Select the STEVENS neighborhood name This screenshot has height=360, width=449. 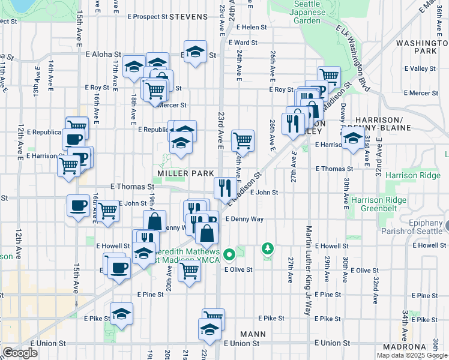click(188, 17)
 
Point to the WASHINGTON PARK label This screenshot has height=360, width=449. click(424, 47)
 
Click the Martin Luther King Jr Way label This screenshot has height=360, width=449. click(309, 271)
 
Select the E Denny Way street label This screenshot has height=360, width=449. click(244, 219)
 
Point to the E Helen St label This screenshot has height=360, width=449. click(252, 27)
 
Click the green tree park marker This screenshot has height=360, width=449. click(267, 248)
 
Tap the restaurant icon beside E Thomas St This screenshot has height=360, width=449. click(222, 187)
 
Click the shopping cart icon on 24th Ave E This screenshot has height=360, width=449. click(243, 140)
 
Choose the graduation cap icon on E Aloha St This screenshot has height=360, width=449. click(195, 51)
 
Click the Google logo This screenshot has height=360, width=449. click(20, 353)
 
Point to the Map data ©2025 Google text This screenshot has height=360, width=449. click(412, 355)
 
